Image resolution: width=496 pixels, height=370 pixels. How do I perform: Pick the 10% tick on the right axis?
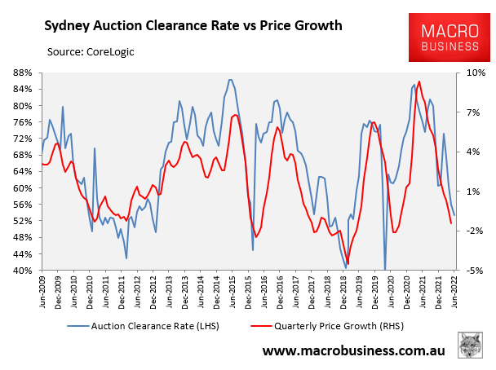(x=476, y=72)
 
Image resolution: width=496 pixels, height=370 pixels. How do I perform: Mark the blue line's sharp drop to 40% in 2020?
(x=384, y=269)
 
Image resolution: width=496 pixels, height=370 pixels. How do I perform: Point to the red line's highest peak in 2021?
(x=419, y=82)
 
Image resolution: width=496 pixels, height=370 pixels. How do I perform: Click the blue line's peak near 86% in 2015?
(x=231, y=80)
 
